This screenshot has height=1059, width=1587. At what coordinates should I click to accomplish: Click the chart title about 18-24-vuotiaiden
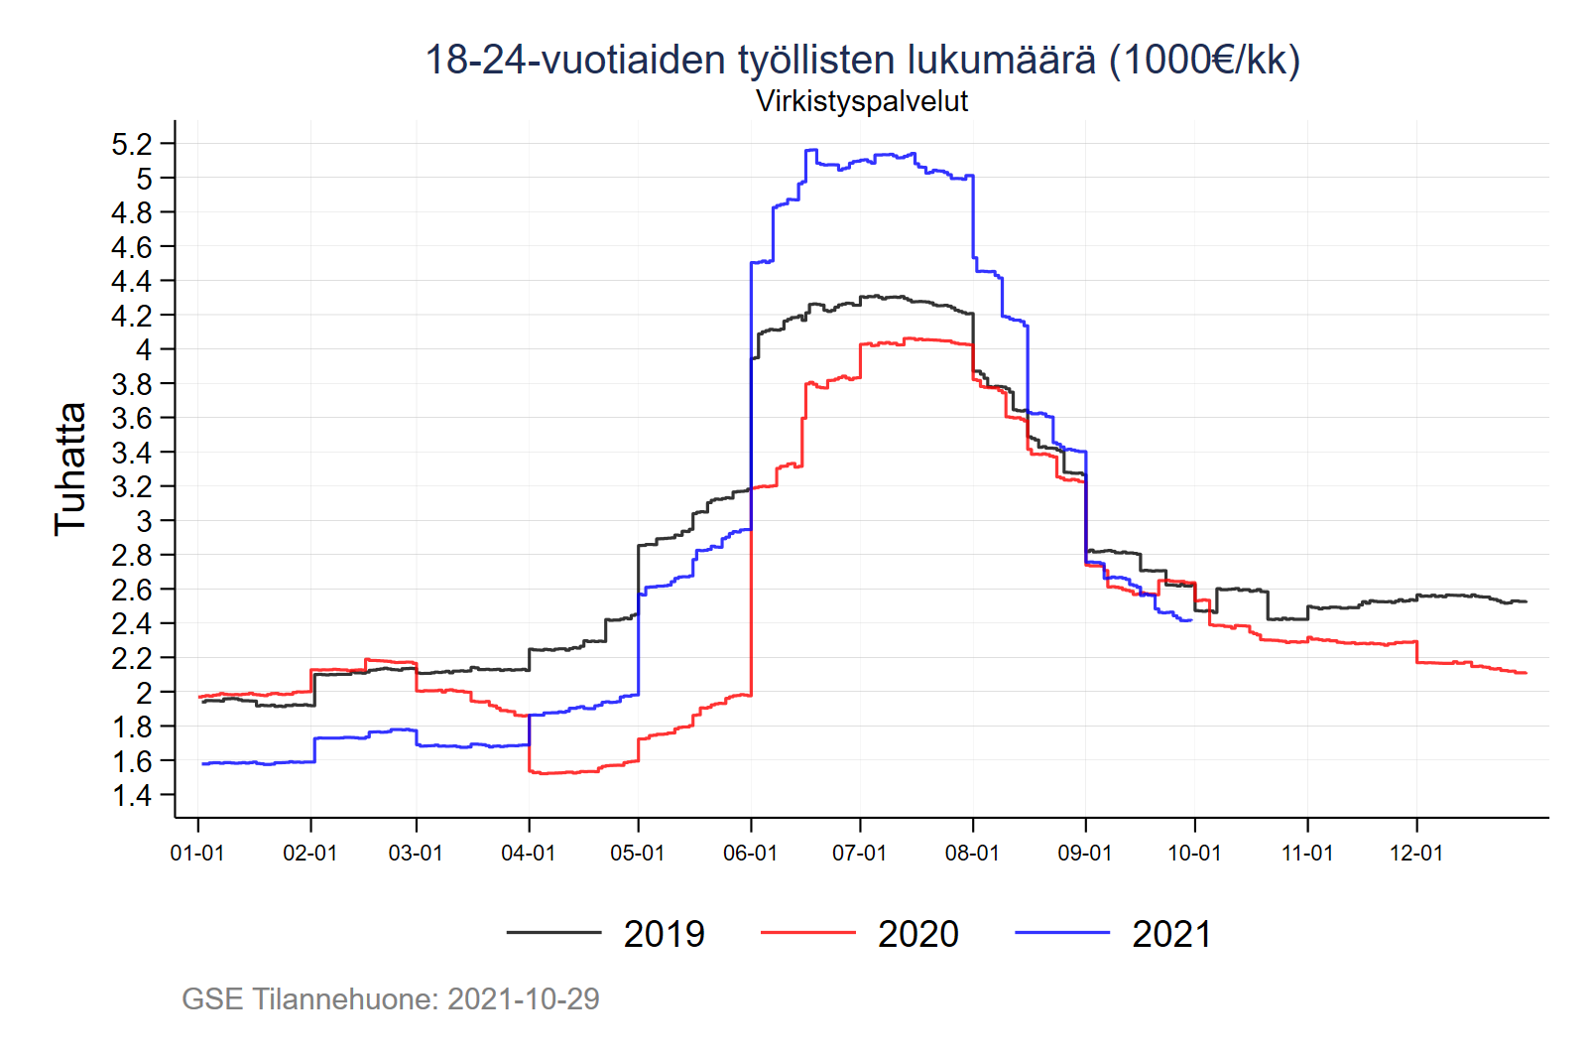pos(861,60)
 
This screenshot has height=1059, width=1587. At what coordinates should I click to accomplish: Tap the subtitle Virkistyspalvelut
pos(861,101)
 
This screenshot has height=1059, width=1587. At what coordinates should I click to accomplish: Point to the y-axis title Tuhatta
pos(70,469)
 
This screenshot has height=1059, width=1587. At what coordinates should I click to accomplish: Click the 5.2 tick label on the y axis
pos(132,145)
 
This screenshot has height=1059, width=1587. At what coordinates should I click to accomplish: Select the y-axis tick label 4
pos(144,349)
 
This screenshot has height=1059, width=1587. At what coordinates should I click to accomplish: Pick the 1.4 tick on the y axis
pos(132,795)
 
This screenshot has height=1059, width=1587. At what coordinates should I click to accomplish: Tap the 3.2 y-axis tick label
pos(132,487)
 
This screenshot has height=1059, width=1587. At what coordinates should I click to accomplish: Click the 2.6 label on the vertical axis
pos(132,591)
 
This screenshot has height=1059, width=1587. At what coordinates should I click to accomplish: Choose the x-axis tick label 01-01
pos(197,854)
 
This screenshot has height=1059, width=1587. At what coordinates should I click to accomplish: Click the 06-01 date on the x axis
pos(750,854)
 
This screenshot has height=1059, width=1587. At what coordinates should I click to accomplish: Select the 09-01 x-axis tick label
pos(1085,854)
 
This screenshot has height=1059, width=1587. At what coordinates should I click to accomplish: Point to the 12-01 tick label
pos(1415,854)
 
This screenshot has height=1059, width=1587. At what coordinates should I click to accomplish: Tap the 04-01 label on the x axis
pos(528,854)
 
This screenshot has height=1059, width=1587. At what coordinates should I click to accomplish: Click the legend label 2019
pos(664,934)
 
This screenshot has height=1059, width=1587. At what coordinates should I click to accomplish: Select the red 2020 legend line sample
pos(807,933)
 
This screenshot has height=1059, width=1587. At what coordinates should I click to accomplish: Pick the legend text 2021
pos(1171,934)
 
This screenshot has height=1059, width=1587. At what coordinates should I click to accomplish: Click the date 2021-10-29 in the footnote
pos(523,998)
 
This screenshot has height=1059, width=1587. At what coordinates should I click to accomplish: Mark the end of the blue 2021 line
pos(1190,620)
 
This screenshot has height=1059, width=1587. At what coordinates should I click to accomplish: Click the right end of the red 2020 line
pos(1526,673)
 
